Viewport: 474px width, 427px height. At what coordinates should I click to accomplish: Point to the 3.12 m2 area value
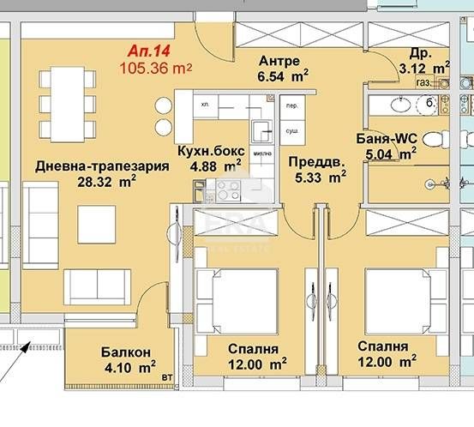pos(425,66)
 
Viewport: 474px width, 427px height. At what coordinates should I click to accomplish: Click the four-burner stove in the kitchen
pos(229,189)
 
